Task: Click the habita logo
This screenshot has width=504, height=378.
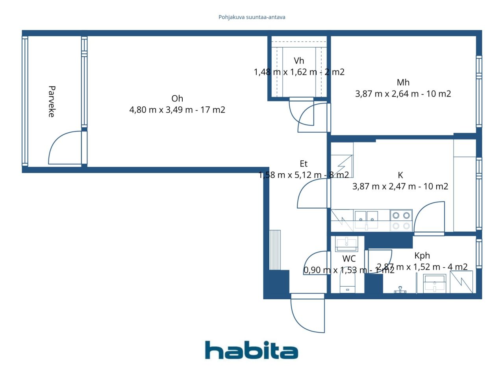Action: tap(251, 350)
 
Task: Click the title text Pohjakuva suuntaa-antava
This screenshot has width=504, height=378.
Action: tap(252, 17)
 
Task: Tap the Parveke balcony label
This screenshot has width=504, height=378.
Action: tap(51, 101)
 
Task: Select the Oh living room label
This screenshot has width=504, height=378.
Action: tap(177, 98)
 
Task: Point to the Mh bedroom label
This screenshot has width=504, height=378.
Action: tap(403, 82)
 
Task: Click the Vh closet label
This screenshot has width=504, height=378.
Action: tap(299, 61)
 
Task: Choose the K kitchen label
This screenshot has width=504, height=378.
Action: tap(400, 175)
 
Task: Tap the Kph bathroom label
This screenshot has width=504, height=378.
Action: tap(422, 256)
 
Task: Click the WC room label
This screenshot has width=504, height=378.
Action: tap(349, 259)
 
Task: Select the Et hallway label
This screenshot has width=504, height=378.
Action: tap(303, 164)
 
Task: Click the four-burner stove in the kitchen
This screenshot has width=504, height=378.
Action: tap(401, 220)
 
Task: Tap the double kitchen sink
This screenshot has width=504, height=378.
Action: tap(366, 220)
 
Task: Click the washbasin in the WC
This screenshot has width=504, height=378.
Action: tap(346, 244)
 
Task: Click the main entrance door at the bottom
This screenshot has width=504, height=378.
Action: tap(308, 313)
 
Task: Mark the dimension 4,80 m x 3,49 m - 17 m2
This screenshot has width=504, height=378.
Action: tap(177, 110)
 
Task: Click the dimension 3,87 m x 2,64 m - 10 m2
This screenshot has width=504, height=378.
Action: tap(403, 94)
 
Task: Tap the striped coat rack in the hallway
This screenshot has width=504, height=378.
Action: tap(275, 250)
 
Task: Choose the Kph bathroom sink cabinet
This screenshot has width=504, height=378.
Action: tap(435, 283)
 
